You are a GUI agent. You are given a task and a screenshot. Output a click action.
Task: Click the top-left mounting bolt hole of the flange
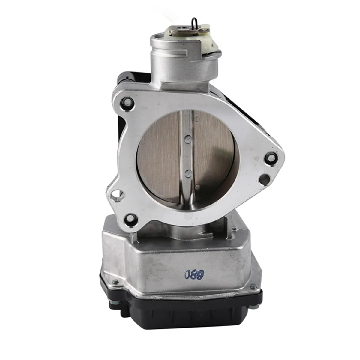pos(127,103)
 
